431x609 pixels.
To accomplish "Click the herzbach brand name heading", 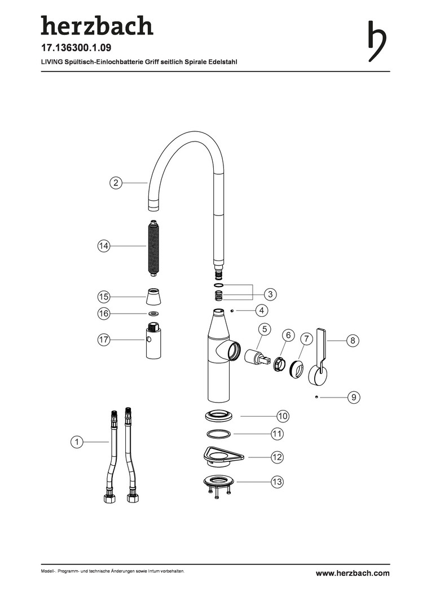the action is point(97,25).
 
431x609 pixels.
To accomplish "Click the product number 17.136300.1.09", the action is point(76,48).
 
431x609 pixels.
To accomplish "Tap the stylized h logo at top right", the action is point(377,41).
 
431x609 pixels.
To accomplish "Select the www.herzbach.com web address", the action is point(353,573).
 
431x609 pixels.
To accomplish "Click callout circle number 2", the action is point(116,183).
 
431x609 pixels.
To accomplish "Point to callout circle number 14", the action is point(104,246).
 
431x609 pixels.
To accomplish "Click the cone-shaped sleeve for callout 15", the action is point(154,298).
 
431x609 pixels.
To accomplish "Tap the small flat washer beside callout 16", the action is point(154,314).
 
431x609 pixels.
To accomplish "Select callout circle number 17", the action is point(104,340).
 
